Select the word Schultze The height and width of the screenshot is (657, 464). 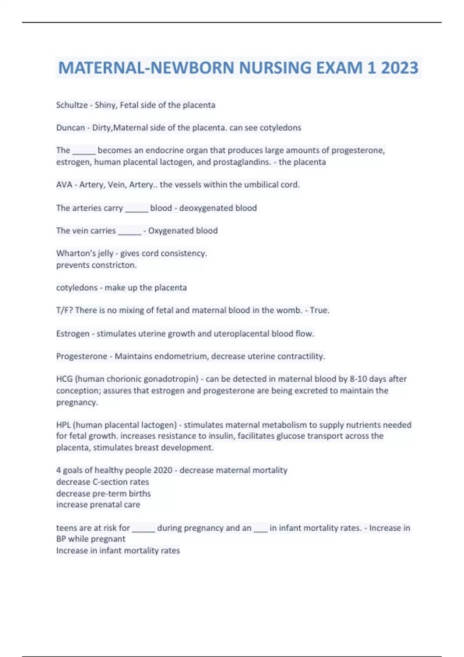(x=72, y=105)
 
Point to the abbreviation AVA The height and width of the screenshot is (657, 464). (x=64, y=185)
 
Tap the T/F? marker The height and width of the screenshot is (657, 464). (x=64, y=310)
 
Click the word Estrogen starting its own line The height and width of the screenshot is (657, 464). (x=73, y=334)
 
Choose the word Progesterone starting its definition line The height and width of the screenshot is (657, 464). (x=82, y=356)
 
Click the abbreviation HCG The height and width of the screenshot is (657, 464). (x=64, y=379)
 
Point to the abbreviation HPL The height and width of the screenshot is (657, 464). (x=63, y=425)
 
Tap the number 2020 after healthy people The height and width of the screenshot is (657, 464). (x=163, y=470)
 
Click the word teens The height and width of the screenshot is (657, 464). (x=66, y=528)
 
